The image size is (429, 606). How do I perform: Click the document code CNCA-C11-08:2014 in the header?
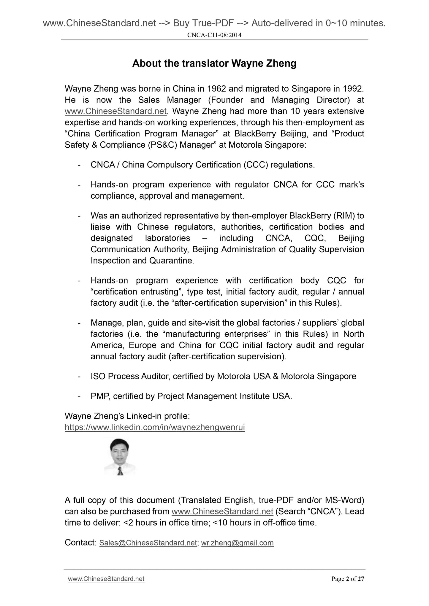click(x=214, y=35)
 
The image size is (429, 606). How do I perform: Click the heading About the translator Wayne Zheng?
click(x=214, y=63)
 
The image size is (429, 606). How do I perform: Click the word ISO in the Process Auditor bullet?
click(x=98, y=376)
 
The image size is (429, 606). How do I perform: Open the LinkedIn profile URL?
click(x=155, y=428)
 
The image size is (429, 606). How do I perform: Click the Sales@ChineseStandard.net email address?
click(x=148, y=543)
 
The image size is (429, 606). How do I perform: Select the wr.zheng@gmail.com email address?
click(x=237, y=543)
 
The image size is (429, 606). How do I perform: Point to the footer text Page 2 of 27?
click(x=347, y=579)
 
